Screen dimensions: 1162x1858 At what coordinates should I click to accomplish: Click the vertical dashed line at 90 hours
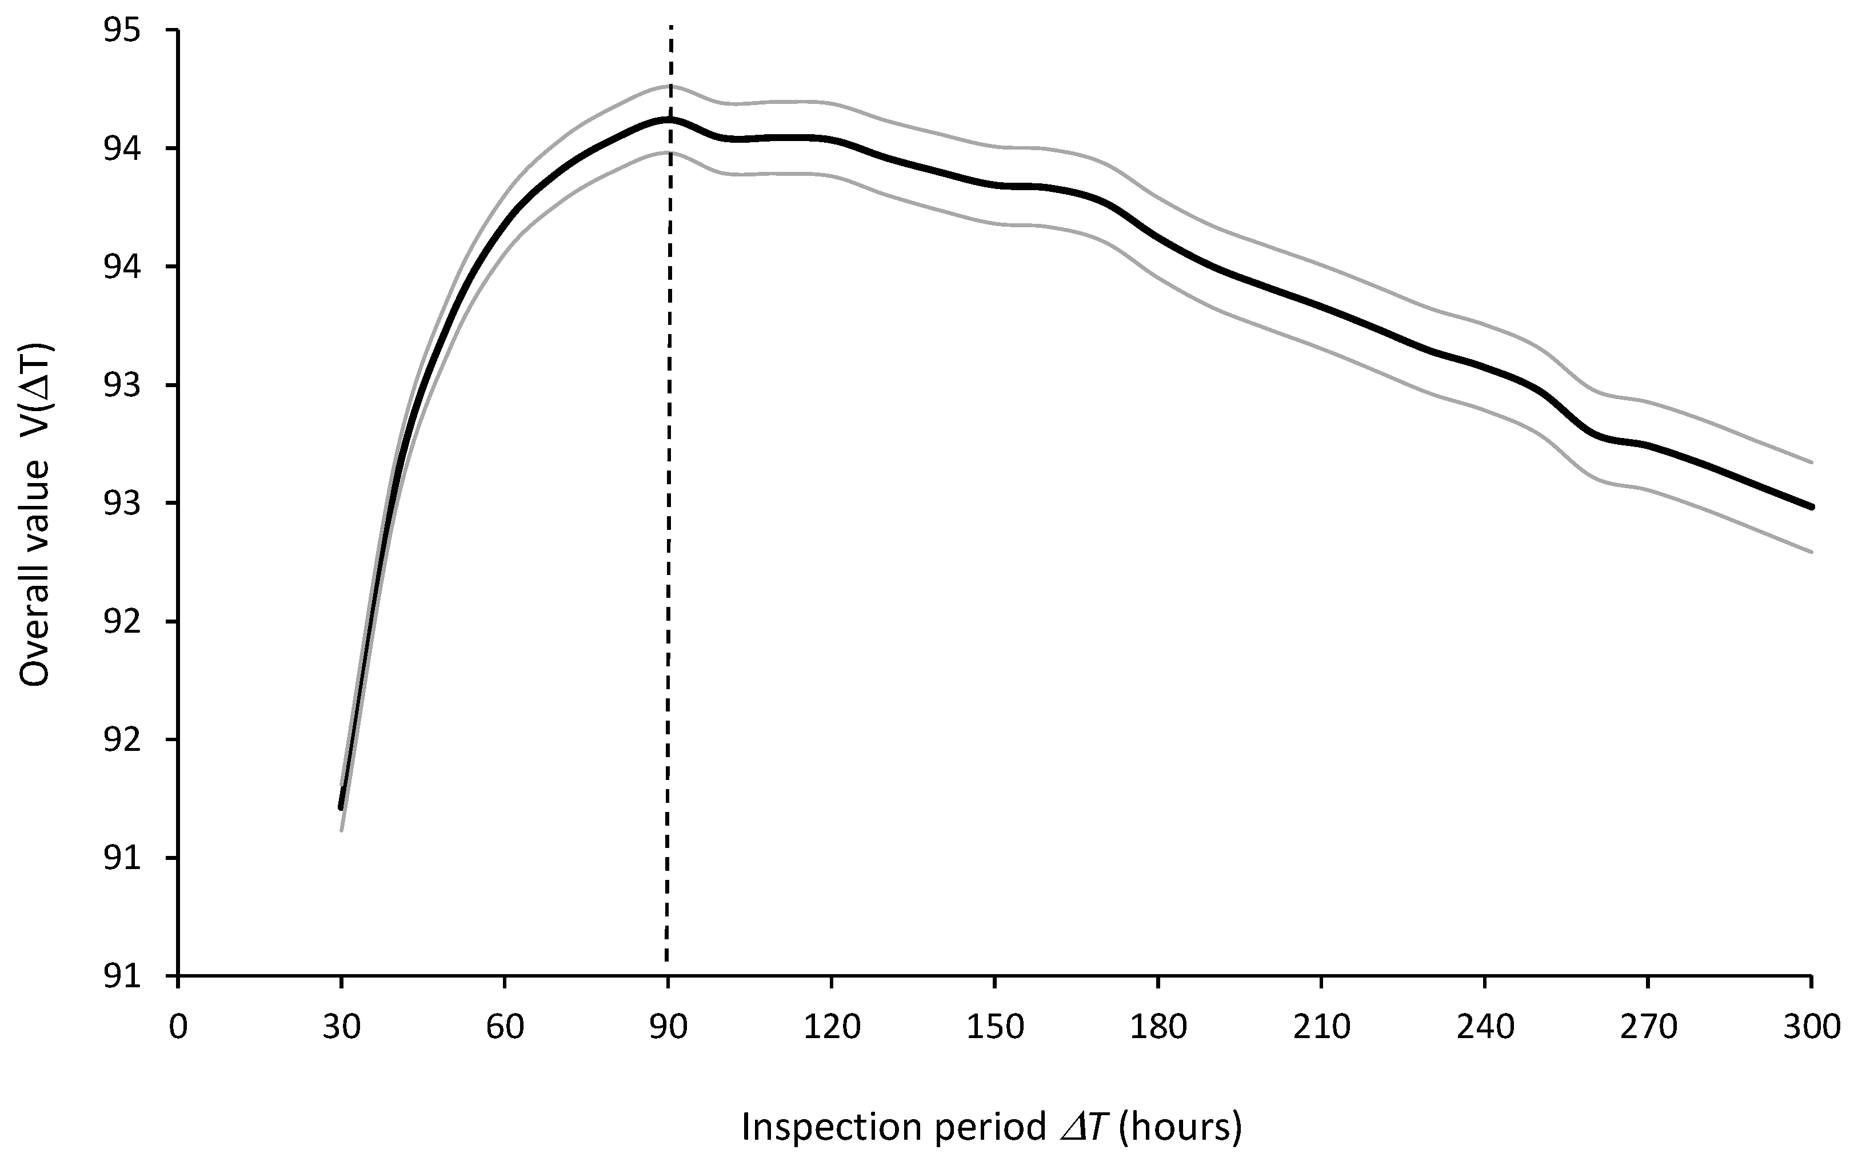[x=668, y=538]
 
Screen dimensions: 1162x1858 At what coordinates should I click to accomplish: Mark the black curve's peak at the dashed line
[x=669, y=120]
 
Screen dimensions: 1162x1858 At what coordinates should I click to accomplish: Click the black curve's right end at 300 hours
[x=1811, y=506]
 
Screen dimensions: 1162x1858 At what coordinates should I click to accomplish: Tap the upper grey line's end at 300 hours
[x=1811, y=462]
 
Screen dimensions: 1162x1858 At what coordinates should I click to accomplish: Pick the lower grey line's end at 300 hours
[x=1811, y=552]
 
